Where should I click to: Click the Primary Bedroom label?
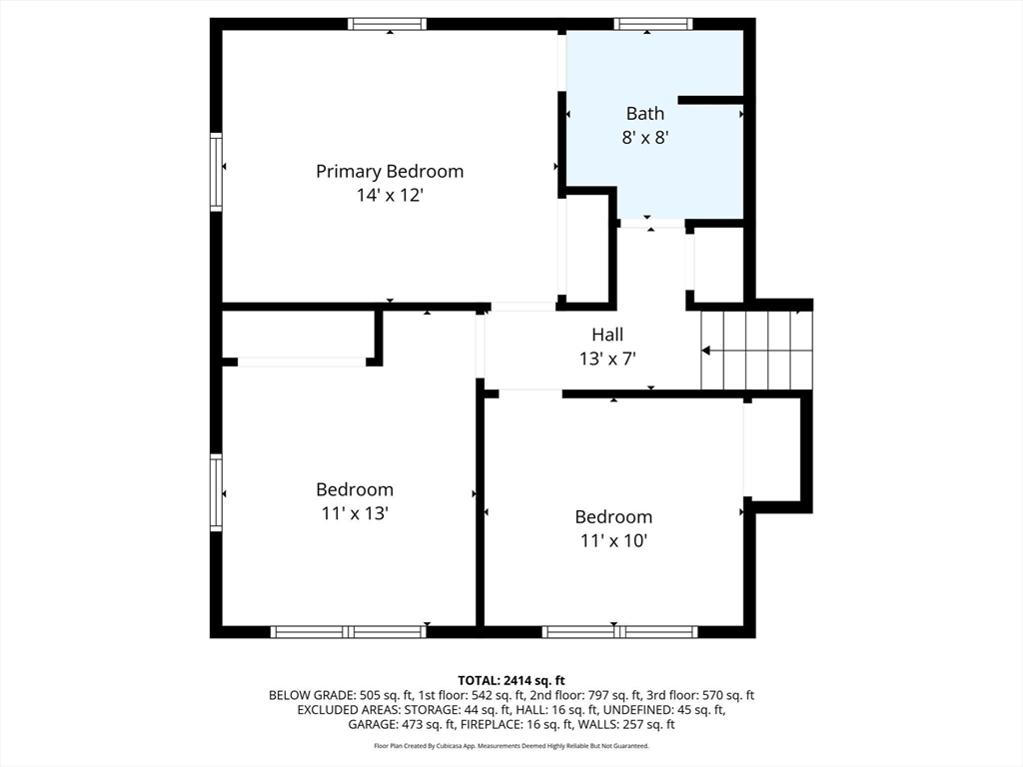(390, 171)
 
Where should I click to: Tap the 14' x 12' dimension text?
(390, 196)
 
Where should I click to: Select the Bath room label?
(644, 113)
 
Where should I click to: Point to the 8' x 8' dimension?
(644, 138)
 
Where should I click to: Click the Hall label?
(607, 335)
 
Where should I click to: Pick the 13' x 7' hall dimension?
(607, 358)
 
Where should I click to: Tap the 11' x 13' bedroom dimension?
(355, 513)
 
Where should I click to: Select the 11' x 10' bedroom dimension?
(613, 540)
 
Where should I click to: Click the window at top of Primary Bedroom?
(388, 24)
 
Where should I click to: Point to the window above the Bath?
(653, 24)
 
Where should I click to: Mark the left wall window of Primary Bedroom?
(216, 172)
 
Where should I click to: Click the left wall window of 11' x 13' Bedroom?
(216, 491)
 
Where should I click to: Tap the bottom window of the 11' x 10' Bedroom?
(619, 631)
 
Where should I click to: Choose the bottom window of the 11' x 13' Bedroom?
(349, 631)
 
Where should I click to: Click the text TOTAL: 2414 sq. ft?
(511, 680)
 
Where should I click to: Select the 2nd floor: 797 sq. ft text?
(589, 695)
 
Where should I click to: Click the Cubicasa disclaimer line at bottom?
(511, 746)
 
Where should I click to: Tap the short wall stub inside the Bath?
(710, 100)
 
